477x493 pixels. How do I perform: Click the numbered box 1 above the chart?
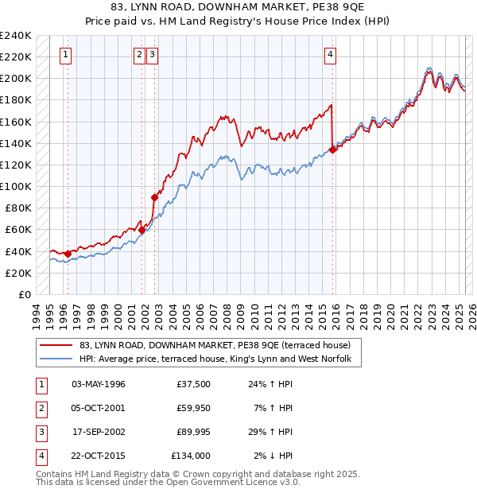64,55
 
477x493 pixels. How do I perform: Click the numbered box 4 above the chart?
329,55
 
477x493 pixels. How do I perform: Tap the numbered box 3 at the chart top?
151,55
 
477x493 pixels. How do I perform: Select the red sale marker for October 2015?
332,149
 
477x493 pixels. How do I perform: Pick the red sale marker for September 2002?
154,197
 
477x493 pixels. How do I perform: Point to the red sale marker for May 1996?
68,254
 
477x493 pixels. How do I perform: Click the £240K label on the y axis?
16,36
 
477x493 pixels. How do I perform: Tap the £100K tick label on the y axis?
16,186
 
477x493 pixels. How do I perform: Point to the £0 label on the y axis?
24,294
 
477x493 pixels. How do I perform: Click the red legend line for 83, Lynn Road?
56,345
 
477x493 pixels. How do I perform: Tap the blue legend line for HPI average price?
56,359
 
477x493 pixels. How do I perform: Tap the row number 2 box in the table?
39,408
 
